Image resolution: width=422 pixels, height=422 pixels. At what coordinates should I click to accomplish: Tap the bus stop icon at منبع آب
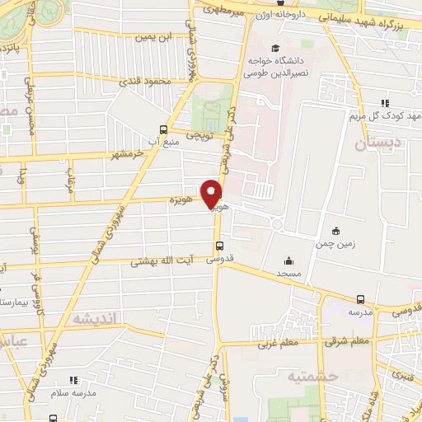point(163,129)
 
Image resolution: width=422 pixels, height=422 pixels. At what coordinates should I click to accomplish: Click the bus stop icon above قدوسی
point(218,245)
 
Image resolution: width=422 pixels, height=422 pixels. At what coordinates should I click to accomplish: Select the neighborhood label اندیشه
point(95,317)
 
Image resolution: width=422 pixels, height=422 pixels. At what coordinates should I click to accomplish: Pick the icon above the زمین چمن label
point(335,230)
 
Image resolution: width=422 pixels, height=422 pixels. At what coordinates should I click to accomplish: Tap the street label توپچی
point(200,132)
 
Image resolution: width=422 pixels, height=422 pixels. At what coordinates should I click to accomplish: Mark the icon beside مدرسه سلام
point(73,380)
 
